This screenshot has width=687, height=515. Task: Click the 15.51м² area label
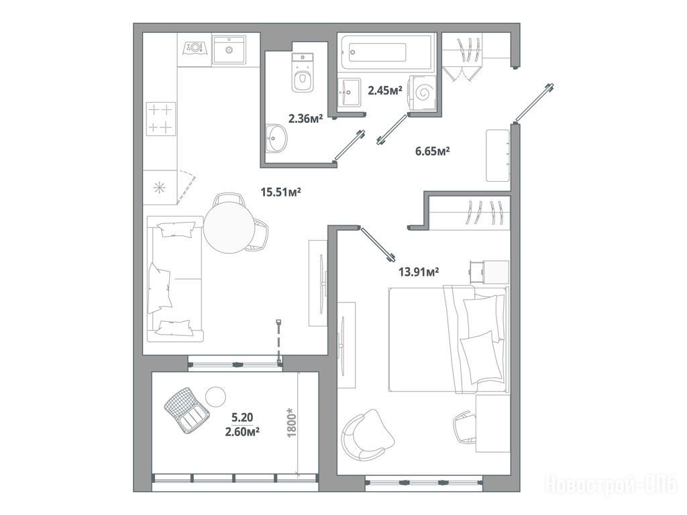click(280, 192)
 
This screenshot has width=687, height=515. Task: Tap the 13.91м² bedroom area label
click(419, 272)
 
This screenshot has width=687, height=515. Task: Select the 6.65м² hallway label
click(433, 152)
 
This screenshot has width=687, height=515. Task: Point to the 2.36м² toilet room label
click(305, 118)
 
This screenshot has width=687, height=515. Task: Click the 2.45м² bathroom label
click(385, 91)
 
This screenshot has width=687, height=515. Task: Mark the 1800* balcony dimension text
click(292, 422)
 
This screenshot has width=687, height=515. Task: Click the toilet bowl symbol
click(303, 72)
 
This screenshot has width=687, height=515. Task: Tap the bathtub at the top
click(384, 52)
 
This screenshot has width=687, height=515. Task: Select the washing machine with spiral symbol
click(423, 93)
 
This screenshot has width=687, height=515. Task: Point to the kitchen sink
click(229, 50)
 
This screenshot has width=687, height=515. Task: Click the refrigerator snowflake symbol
click(160, 188)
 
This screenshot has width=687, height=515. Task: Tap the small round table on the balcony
click(215, 397)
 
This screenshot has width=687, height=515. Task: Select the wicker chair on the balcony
click(187, 410)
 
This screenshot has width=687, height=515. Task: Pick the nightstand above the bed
click(489, 272)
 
